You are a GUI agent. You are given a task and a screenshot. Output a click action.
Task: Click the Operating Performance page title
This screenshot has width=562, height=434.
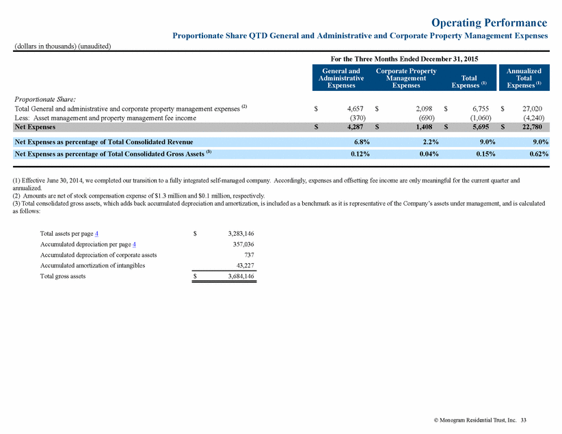[490, 23]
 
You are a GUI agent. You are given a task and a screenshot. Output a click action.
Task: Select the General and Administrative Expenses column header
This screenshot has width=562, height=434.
[341, 78]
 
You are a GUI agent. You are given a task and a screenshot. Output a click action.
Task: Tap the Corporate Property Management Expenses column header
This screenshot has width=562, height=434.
[406, 78]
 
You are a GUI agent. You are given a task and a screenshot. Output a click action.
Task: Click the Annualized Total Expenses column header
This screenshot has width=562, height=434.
[524, 78]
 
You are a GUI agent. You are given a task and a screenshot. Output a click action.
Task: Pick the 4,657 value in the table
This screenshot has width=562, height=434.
[356, 109]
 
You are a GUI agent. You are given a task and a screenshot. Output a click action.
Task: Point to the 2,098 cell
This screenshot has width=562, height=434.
[424, 109]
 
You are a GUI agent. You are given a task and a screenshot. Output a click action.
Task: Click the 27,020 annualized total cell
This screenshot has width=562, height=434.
[532, 109]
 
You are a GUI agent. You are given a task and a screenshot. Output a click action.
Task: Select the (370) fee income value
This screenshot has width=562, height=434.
[358, 118]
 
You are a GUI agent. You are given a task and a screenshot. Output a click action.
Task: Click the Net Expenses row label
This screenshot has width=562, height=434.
[35, 127]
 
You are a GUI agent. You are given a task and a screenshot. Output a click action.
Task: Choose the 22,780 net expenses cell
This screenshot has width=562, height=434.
[532, 127]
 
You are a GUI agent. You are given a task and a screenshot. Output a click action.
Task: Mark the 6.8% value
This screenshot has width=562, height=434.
[362, 142]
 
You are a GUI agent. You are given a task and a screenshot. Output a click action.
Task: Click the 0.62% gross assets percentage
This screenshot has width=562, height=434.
[539, 154]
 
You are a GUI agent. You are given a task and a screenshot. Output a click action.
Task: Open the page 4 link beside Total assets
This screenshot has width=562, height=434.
[97, 234]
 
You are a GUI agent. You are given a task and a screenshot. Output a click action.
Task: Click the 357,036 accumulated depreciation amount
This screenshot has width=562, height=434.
[243, 245]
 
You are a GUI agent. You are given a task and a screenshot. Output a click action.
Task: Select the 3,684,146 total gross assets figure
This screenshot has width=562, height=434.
[241, 276]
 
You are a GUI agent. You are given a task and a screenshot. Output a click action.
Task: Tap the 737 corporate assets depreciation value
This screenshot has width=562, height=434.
[250, 255]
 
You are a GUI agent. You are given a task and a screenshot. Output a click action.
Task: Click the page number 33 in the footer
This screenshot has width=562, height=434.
[523, 420]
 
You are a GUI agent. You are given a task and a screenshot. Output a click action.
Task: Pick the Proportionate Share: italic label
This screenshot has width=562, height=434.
[45, 99]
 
